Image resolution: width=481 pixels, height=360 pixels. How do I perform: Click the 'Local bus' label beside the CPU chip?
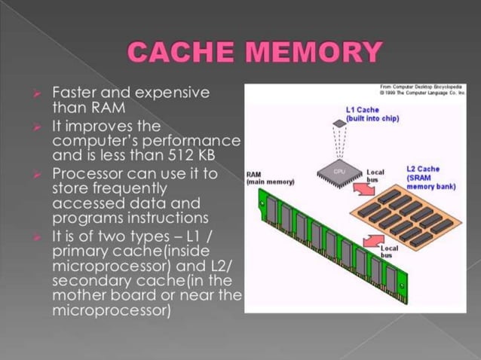pos(375,175)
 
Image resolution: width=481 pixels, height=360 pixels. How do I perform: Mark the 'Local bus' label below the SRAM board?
pos(390,251)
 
